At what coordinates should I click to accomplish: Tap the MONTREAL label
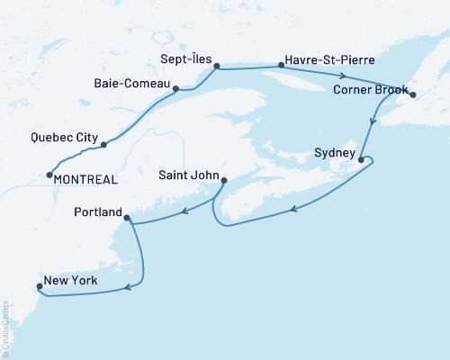coord(86,180)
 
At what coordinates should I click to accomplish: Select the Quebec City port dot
coord(104,144)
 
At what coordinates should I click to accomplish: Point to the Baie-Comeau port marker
coord(176,88)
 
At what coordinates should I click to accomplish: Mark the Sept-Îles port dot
coord(216,65)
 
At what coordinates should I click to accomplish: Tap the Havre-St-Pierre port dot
coord(275,65)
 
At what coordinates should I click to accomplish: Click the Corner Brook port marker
coord(413,94)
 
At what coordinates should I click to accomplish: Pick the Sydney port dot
coord(361,160)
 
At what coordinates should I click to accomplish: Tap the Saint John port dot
coord(223,180)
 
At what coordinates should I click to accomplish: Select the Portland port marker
coord(128,218)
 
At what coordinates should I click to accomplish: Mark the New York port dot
coord(38,288)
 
